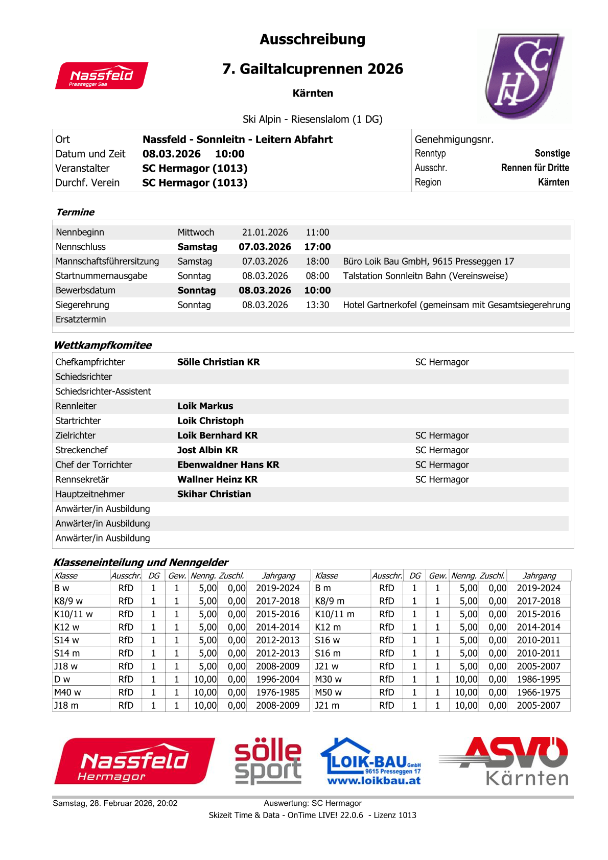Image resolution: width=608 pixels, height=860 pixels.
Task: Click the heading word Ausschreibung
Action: [312, 39]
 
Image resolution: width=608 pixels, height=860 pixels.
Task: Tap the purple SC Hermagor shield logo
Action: [523, 76]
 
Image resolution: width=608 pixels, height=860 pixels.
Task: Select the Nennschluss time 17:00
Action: [317, 247]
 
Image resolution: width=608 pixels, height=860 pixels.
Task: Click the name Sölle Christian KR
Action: [218, 362]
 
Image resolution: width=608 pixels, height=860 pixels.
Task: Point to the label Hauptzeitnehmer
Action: [90, 494]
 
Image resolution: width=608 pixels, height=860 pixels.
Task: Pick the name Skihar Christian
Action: [214, 494]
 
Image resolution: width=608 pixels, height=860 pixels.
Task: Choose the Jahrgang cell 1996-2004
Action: [278, 679]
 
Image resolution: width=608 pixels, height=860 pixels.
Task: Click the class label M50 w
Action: [328, 692]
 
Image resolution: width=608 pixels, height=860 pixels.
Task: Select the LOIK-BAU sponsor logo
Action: [371, 761]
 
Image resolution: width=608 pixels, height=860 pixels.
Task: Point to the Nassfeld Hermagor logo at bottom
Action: [134, 761]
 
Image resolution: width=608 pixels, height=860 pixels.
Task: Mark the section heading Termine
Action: [75, 212]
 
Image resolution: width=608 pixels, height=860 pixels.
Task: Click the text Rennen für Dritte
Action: [535, 168]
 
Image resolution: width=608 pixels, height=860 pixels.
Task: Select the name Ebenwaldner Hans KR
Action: [228, 465]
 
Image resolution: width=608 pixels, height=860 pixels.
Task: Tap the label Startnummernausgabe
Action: [101, 276]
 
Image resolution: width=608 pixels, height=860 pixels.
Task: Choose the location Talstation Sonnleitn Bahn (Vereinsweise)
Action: [425, 276]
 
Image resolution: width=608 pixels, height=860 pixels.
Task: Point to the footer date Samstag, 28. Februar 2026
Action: [115, 803]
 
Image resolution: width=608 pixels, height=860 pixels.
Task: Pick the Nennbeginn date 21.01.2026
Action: [265, 233]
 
